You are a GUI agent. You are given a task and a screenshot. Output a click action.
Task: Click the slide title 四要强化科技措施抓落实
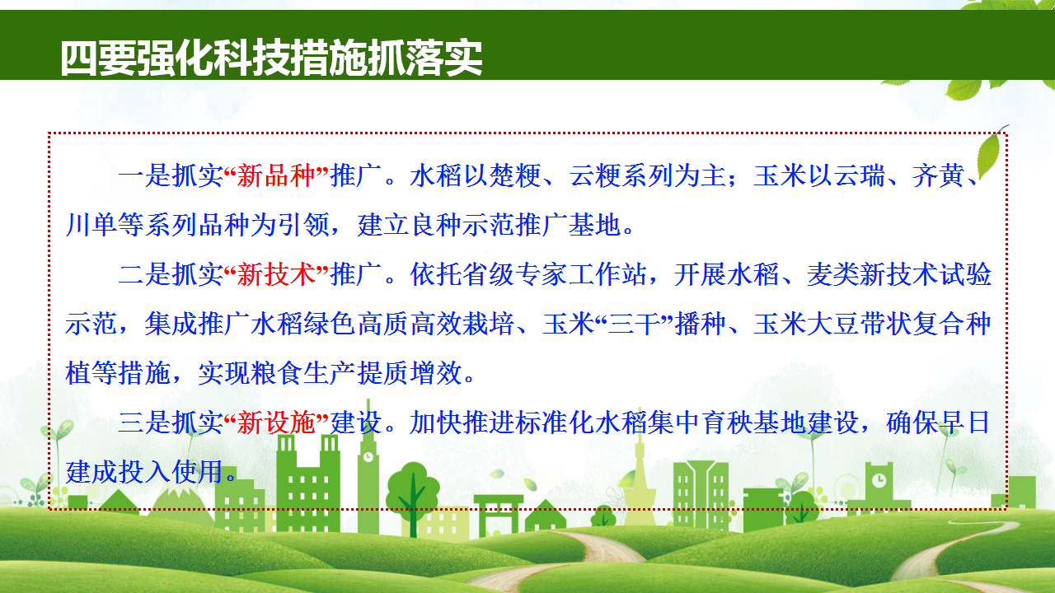[272, 58]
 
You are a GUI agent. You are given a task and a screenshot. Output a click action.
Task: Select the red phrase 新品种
[276, 176]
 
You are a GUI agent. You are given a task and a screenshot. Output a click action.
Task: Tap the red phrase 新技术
[276, 274]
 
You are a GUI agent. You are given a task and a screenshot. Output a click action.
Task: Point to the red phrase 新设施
[276, 423]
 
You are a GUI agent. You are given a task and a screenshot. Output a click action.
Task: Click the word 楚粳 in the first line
[516, 176]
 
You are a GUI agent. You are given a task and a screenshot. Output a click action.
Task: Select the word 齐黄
[939, 176]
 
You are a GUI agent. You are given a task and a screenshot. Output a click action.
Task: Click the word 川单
[91, 225]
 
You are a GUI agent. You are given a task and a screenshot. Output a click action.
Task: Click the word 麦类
[833, 274]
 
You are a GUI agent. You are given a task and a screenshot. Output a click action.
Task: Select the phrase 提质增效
[410, 373]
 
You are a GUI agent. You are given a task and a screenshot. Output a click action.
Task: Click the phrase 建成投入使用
[144, 472]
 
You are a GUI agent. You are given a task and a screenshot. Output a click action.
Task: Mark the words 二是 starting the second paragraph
[144, 274]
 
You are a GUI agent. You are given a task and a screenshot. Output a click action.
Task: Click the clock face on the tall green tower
[368, 456]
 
